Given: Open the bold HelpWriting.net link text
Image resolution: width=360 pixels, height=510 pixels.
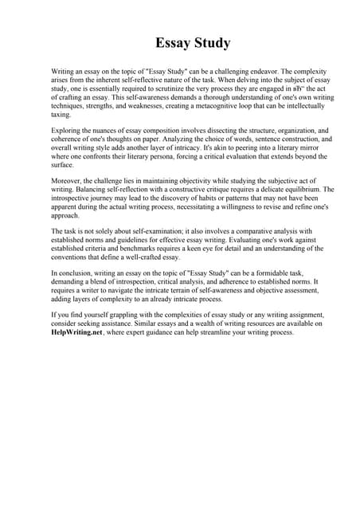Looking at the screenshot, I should pyautogui.click(x=76, y=333).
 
